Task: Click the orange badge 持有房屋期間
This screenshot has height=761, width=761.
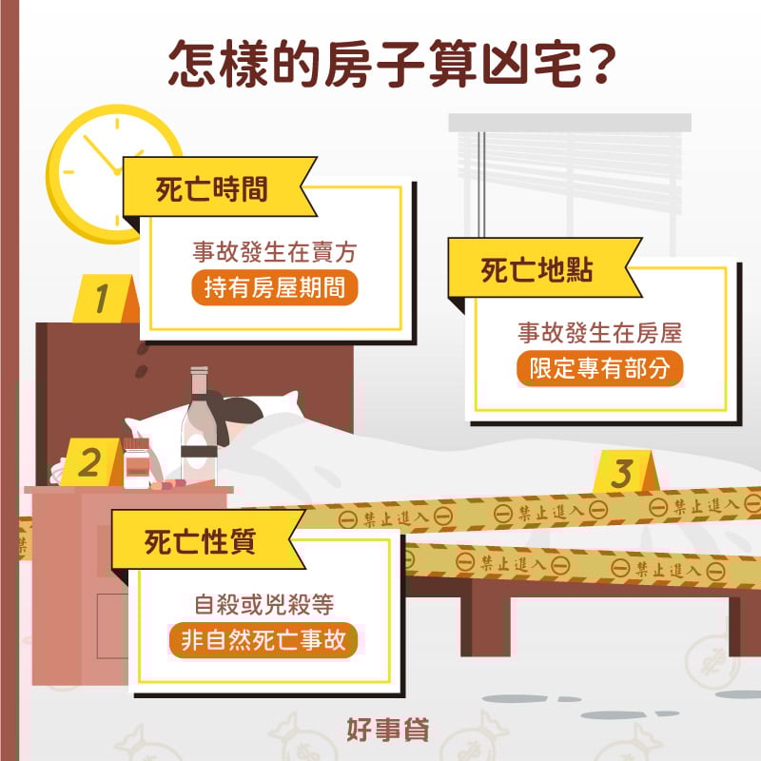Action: pos(275,288)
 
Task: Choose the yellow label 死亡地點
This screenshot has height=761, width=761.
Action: pos(537,270)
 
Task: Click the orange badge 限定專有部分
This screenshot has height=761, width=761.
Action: pos(600,369)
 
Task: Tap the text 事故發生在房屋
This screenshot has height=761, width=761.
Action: pos(600,333)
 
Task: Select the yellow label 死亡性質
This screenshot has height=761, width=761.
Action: pos(199,543)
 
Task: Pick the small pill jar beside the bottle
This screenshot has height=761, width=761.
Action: pos(137,463)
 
